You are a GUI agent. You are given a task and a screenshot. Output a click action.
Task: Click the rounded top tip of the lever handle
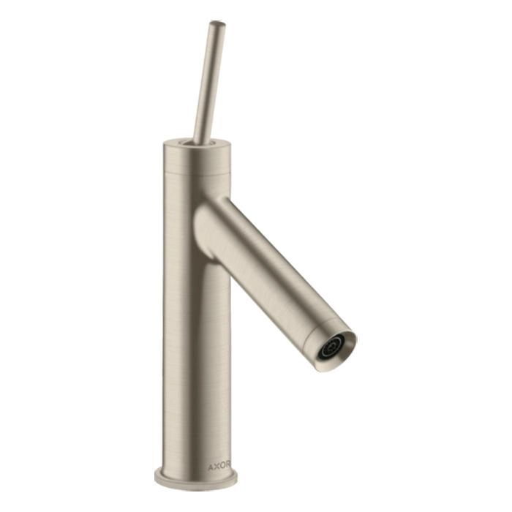tap(217, 23)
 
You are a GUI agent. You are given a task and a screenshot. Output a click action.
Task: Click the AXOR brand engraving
tap(219, 466)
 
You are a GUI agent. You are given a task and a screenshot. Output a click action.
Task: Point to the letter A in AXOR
tap(211, 466)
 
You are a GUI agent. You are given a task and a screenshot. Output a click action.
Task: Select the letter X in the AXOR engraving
tap(217, 466)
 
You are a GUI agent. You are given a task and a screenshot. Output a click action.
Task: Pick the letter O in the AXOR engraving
tap(222, 466)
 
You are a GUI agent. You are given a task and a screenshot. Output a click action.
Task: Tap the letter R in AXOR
tap(228, 466)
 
